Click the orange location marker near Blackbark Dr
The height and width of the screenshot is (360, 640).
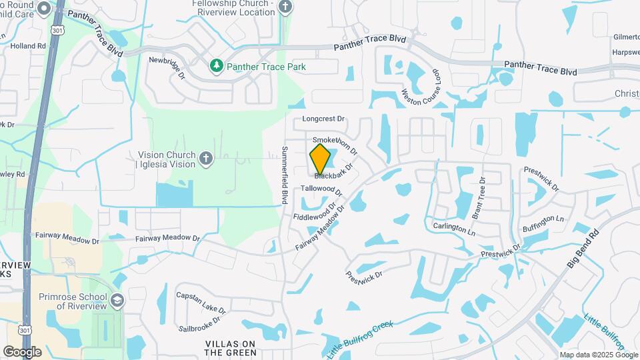[x=321, y=159]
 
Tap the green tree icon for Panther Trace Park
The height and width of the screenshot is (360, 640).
[x=216, y=65]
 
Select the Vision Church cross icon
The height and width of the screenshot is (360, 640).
[x=206, y=158]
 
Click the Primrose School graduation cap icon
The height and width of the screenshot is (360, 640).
[x=117, y=300]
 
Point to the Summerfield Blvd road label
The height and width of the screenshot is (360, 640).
[x=285, y=175]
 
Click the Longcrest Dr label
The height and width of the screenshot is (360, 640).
[x=323, y=119]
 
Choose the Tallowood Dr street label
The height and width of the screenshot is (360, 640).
[x=321, y=189]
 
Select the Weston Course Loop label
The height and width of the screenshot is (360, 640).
[x=419, y=86]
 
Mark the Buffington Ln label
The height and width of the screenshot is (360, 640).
[x=543, y=224]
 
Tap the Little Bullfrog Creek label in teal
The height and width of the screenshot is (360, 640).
[x=360, y=339]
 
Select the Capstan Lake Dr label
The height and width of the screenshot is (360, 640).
[x=201, y=302]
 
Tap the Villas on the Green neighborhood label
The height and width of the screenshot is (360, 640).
[x=231, y=348]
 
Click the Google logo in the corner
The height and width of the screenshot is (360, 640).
[x=22, y=351]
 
